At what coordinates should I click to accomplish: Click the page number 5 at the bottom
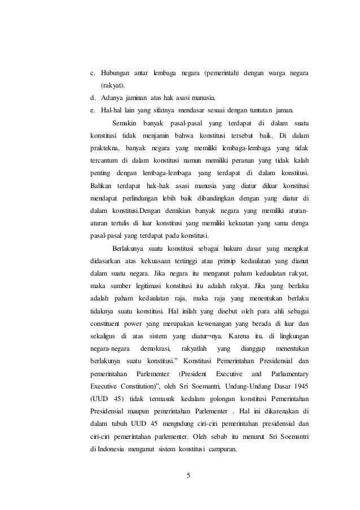tap(188, 474)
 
